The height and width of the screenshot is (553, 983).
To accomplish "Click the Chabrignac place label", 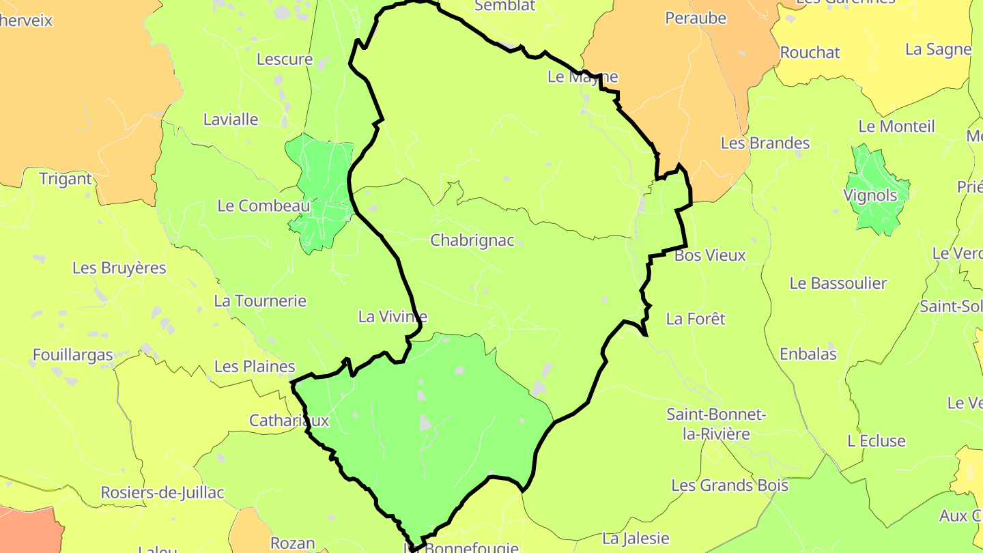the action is click(472, 241).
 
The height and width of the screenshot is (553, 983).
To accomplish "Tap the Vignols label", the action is click(870, 196).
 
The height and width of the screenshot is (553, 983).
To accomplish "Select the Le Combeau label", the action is click(263, 205).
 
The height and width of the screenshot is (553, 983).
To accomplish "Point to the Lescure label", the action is click(285, 59).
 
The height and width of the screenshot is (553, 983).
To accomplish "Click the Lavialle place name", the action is click(231, 119).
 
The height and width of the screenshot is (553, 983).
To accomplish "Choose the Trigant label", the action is click(66, 179).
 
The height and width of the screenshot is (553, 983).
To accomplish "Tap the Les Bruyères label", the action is click(119, 268).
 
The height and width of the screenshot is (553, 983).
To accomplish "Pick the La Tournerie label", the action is click(260, 301).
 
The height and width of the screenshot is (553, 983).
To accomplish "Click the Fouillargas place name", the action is click(73, 355).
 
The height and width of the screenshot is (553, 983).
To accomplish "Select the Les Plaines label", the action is click(255, 367).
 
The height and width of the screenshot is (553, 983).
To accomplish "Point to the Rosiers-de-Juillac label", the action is click(162, 493).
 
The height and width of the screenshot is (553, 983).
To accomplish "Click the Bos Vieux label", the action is click(710, 256).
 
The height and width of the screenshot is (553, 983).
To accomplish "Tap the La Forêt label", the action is click(696, 319).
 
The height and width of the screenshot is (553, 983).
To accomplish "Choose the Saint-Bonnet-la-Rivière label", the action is click(716, 424).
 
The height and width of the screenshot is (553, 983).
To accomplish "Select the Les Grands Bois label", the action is click(730, 486).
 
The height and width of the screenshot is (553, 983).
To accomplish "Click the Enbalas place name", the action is click(808, 354).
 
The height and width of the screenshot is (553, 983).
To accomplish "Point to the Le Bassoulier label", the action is click(838, 283).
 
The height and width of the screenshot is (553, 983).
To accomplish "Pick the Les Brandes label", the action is click(765, 143).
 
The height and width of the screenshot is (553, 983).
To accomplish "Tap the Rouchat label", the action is click(810, 53).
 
